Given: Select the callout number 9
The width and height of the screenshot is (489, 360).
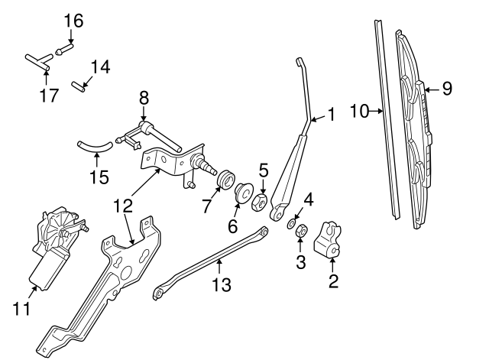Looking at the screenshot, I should pyautogui.click(x=447, y=89).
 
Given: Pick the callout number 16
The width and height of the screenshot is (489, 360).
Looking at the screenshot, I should pyautogui.click(x=73, y=19).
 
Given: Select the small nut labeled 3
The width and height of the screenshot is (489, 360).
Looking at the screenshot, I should pyautogui.click(x=302, y=229).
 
